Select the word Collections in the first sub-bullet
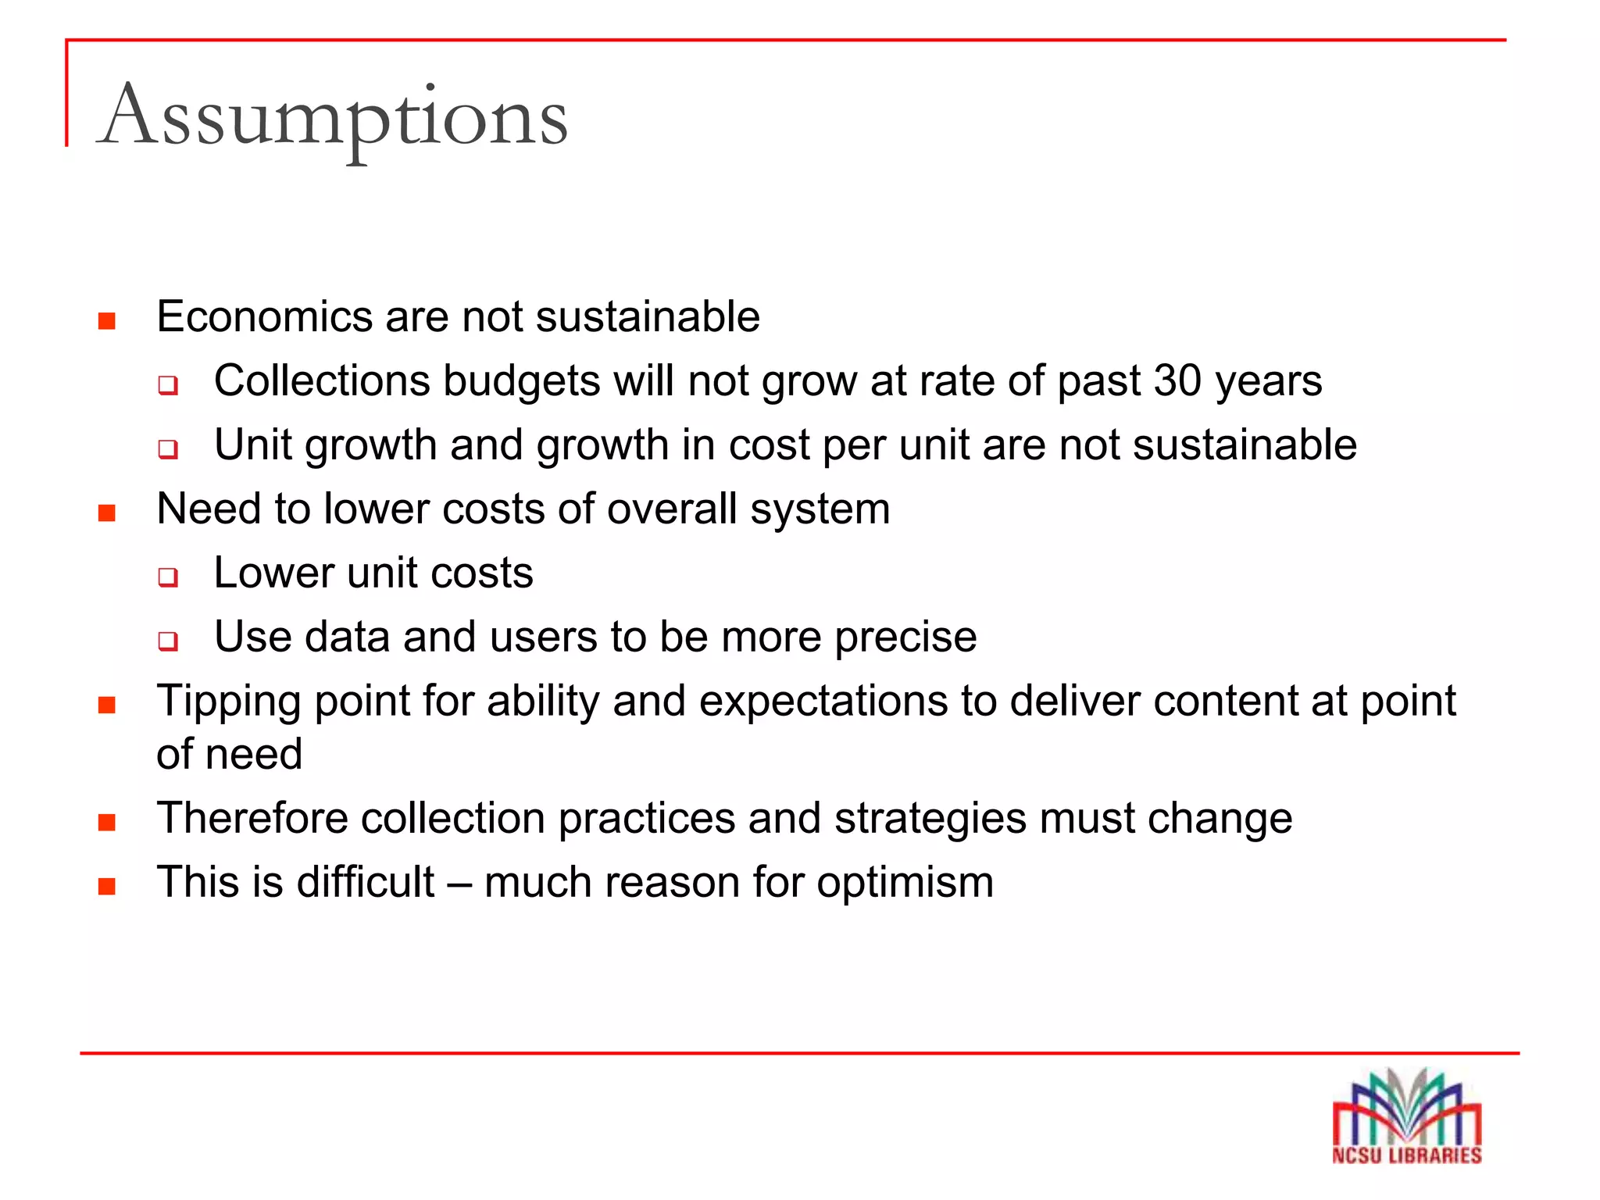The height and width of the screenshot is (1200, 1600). (x=322, y=381)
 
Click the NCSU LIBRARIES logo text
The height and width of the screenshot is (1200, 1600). (x=1406, y=1155)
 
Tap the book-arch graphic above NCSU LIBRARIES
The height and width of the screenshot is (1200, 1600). (x=1406, y=1105)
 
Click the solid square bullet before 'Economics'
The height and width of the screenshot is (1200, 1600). (x=107, y=321)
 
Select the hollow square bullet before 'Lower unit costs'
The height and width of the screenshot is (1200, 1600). (x=167, y=577)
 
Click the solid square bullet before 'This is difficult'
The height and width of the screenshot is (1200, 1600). (x=107, y=887)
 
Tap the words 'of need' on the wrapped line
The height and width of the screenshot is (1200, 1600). (x=229, y=755)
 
